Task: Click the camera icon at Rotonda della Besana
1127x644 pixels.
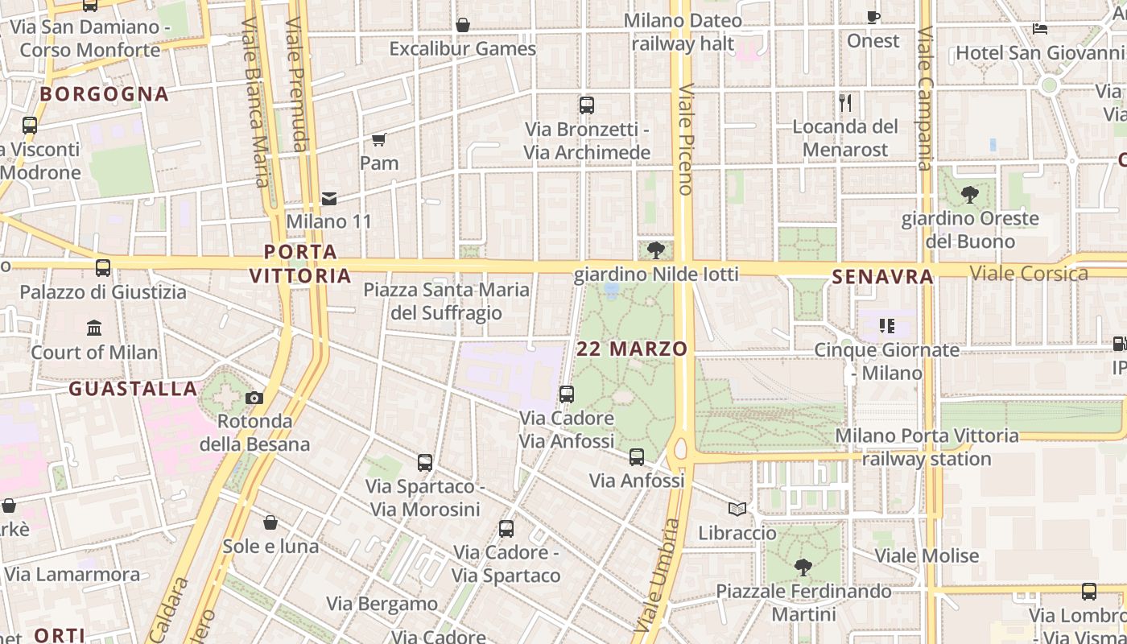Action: coord(254,398)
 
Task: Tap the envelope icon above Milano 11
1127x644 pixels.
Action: coord(328,198)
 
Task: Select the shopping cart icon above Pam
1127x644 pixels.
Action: coord(379,140)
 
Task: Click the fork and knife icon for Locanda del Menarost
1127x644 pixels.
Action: coord(845,103)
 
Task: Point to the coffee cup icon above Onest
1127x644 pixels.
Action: coord(873,17)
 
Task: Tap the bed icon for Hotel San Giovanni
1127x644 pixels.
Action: coord(1040,29)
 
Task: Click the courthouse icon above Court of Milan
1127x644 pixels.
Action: coord(94,328)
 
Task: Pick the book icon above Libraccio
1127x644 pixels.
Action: coord(737,509)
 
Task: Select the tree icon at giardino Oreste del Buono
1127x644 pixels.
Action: coord(970,194)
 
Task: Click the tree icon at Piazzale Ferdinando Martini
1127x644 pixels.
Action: coord(803,568)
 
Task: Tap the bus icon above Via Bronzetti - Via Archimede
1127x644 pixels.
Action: coord(587,105)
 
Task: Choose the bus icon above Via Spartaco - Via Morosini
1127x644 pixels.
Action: coord(425,463)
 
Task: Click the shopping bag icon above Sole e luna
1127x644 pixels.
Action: coord(270,523)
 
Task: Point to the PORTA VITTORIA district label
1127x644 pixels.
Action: coord(300,264)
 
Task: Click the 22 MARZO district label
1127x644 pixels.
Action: coord(632,349)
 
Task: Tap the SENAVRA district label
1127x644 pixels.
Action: coord(882,277)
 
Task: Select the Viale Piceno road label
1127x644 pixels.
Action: coord(685,138)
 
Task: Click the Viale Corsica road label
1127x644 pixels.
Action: coord(1029,273)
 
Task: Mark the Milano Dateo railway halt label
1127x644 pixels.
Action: coord(683,32)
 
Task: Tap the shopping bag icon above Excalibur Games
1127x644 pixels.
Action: coord(463,26)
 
